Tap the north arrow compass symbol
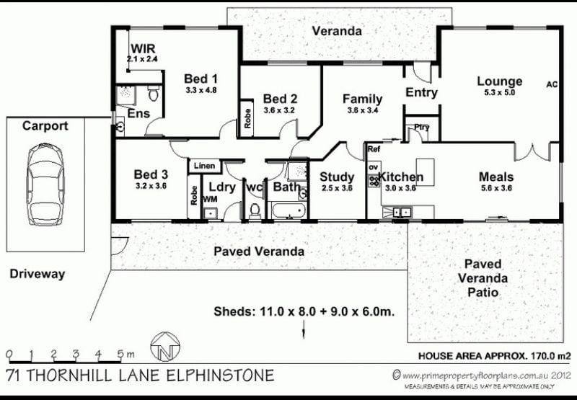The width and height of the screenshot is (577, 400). click(x=165, y=347)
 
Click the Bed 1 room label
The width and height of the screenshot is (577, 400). click(x=201, y=79)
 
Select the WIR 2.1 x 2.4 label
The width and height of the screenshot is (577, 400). click(x=143, y=53)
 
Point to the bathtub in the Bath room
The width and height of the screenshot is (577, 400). click(x=288, y=211)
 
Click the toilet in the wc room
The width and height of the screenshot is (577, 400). click(x=255, y=211)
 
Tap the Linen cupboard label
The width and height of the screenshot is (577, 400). click(x=204, y=166)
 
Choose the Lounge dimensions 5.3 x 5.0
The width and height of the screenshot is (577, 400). click(x=499, y=93)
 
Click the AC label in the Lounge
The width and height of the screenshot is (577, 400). click(x=552, y=84)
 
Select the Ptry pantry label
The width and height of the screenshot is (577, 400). click(x=421, y=127)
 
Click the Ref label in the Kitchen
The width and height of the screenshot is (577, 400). click(x=374, y=149)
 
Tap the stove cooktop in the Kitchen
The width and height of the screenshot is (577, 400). click(x=374, y=180)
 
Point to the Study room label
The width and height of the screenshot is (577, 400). click(x=337, y=177)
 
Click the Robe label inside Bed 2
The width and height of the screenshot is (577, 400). click(x=247, y=118)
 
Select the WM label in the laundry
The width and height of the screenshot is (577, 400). click(x=210, y=199)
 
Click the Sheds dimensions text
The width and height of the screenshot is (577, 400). click(x=304, y=312)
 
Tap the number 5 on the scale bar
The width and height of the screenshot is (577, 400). click(x=120, y=354)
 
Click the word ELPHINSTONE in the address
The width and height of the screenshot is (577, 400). click(x=221, y=375)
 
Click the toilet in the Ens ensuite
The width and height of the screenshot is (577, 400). click(x=153, y=94)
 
